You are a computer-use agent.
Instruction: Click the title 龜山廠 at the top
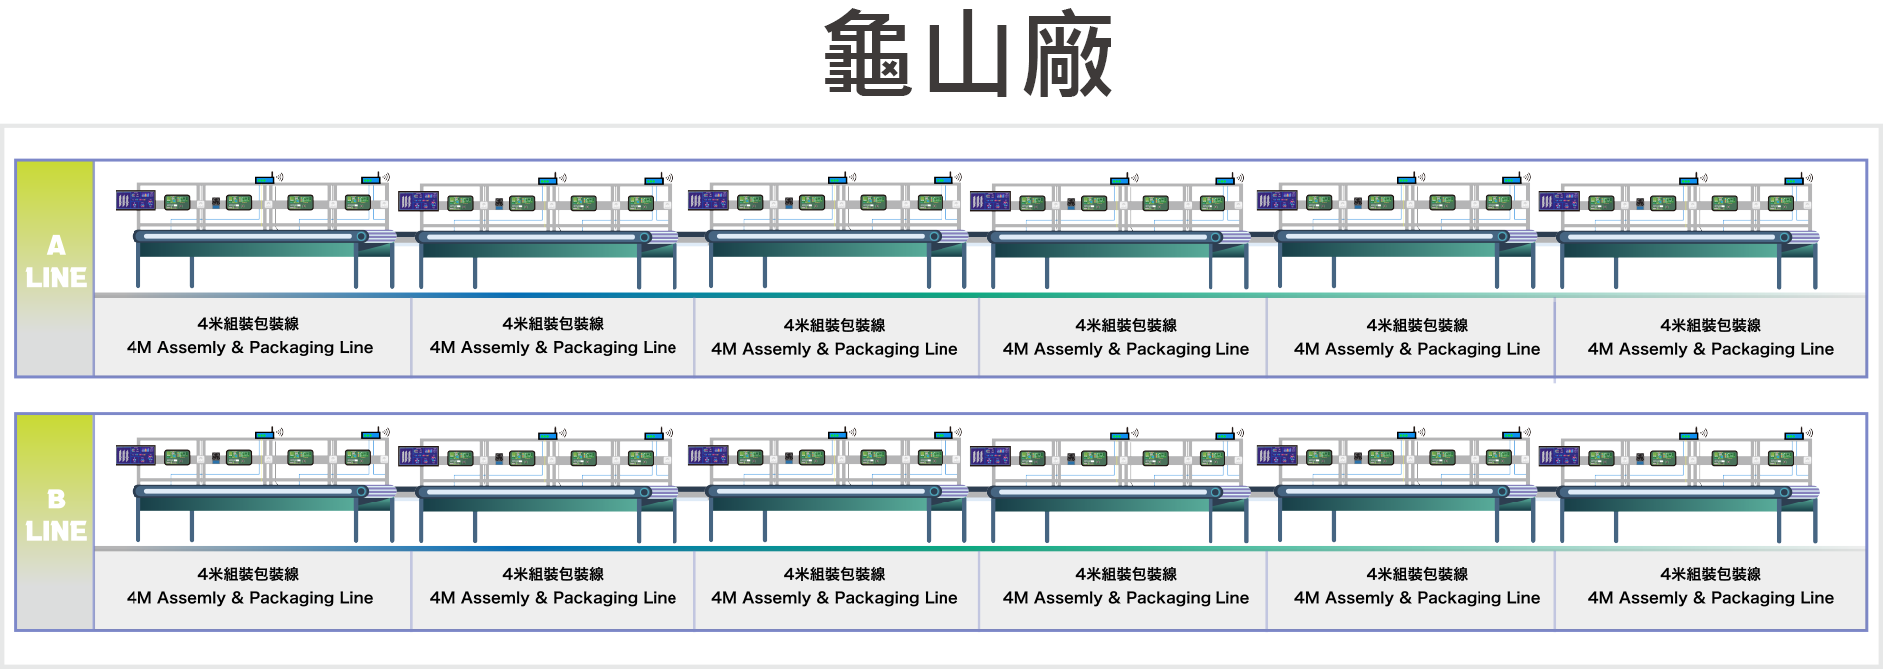click(967, 54)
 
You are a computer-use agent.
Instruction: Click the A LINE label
click(56, 261)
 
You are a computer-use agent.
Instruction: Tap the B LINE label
click(56, 515)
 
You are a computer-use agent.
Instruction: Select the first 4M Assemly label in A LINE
click(249, 347)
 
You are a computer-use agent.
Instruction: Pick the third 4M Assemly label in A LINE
click(834, 349)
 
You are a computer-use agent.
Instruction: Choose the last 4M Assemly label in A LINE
click(1711, 349)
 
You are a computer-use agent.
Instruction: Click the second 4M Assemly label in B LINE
click(553, 598)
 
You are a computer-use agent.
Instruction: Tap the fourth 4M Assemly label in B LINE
click(1126, 598)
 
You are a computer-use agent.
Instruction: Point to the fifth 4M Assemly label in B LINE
click(1417, 598)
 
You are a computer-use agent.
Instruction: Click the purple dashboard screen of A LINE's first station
click(135, 200)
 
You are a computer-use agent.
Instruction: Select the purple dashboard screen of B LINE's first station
click(135, 456)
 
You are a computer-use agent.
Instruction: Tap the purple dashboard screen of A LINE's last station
click(1559, 201)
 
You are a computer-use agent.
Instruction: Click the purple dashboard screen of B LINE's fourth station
click(990, 456)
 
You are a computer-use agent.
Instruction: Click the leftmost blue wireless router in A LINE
click(264, 179)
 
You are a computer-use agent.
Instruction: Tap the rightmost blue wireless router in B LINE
click(1794, 434)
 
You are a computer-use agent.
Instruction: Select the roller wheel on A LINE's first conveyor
click(362, 237)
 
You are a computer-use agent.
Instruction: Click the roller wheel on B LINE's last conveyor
click(1785, 492)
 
